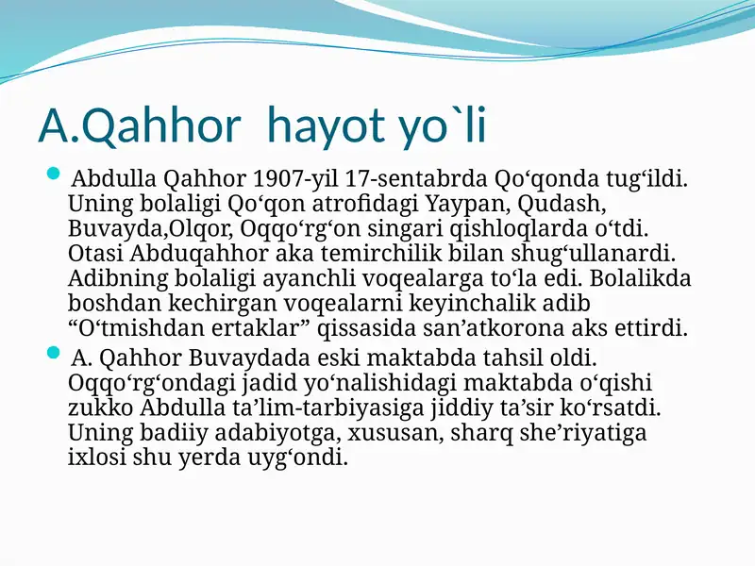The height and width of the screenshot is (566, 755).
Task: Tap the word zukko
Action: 101,409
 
